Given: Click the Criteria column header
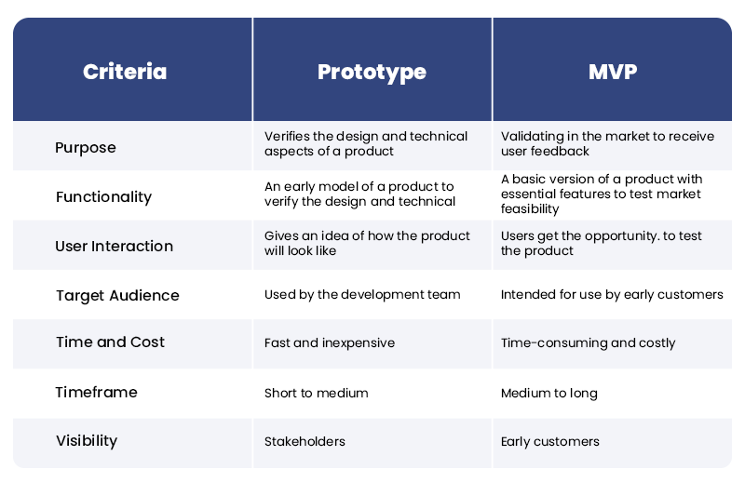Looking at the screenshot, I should [x=125, y=72].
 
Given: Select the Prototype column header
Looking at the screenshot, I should [x=372, y=72].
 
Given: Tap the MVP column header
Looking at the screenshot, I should [x=612, y=72].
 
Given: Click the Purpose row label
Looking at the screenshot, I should [x=86, y=147].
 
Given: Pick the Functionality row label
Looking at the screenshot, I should [x=103, y=196].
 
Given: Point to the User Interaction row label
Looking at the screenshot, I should [x=115, y=246].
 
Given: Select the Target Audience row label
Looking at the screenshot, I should [x=117, y=295].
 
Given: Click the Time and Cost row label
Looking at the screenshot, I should [x=110, y=342].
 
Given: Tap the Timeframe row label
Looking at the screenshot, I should [x=96, y=392].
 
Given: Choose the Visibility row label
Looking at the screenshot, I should [x=87, y=441].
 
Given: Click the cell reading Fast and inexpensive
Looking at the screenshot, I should [x=330, y=342].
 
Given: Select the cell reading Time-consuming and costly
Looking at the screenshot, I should [x=588, y=342].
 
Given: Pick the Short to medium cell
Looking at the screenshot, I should [x=317, y=393].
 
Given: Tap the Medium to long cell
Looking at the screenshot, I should [x=549, y=393].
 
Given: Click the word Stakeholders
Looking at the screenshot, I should [x=305, y=441].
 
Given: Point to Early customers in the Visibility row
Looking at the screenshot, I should [x=549, y=441].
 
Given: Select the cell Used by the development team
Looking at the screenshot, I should [x=362, y=294].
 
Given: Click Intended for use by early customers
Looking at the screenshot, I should [x=612, y=294].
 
